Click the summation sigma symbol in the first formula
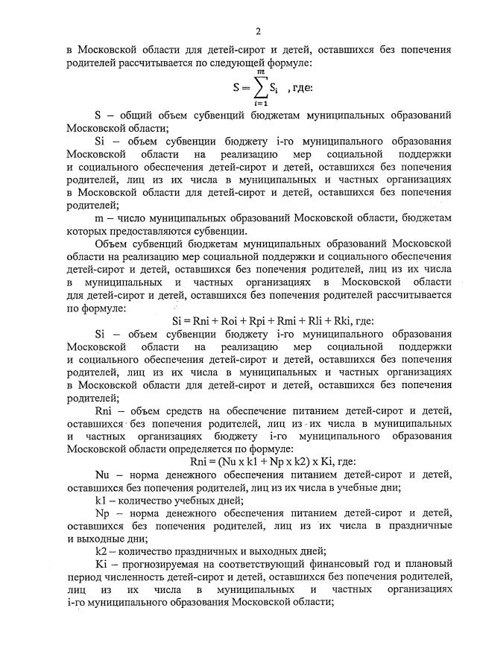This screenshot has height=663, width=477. (256, 88)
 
